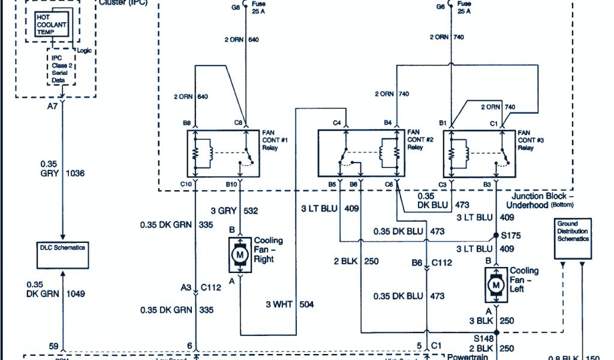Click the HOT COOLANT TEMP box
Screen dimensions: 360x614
(x=52, y=25)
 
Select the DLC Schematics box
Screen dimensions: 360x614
(x=62, y=247)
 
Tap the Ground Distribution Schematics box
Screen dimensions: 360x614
(x=572, y=230)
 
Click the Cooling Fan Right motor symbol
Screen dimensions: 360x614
(x=240, y=256)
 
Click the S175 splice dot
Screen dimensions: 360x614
(x=496, y=235)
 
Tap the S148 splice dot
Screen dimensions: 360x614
(x=496, y=332)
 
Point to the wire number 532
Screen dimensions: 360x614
(x=251, y=211)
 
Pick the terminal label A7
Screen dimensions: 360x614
(x=53, y=106)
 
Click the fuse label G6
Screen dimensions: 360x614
(x=441, y=7)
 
